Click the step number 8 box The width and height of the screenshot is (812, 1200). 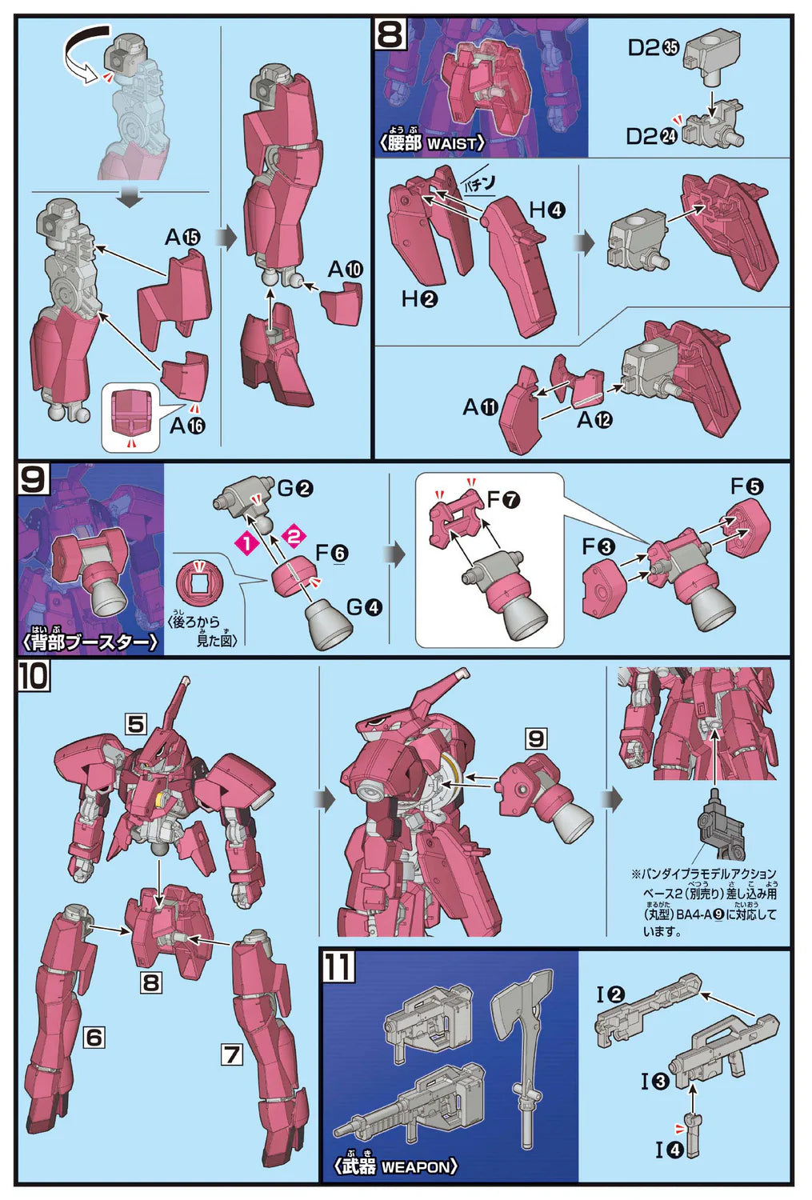tap(390, 34)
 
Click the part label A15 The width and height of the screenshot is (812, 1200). tap(182, 238)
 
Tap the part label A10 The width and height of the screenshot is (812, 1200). tap(346, 270)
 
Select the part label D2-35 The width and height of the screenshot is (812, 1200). tap(653, 48)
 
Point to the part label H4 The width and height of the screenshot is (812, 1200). tap(547, 210)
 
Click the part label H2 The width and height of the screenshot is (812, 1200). tap(419, 299)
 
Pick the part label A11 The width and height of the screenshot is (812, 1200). tap(480, 408)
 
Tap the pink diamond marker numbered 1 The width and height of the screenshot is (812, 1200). tap(247, 544)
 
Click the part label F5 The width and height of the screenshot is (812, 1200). tap(746, 486)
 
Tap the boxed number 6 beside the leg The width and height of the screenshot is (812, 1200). tap(94, 1038)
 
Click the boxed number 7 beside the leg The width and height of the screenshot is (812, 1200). tap(231, 1054)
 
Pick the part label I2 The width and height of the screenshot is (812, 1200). tap(610, 995)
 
